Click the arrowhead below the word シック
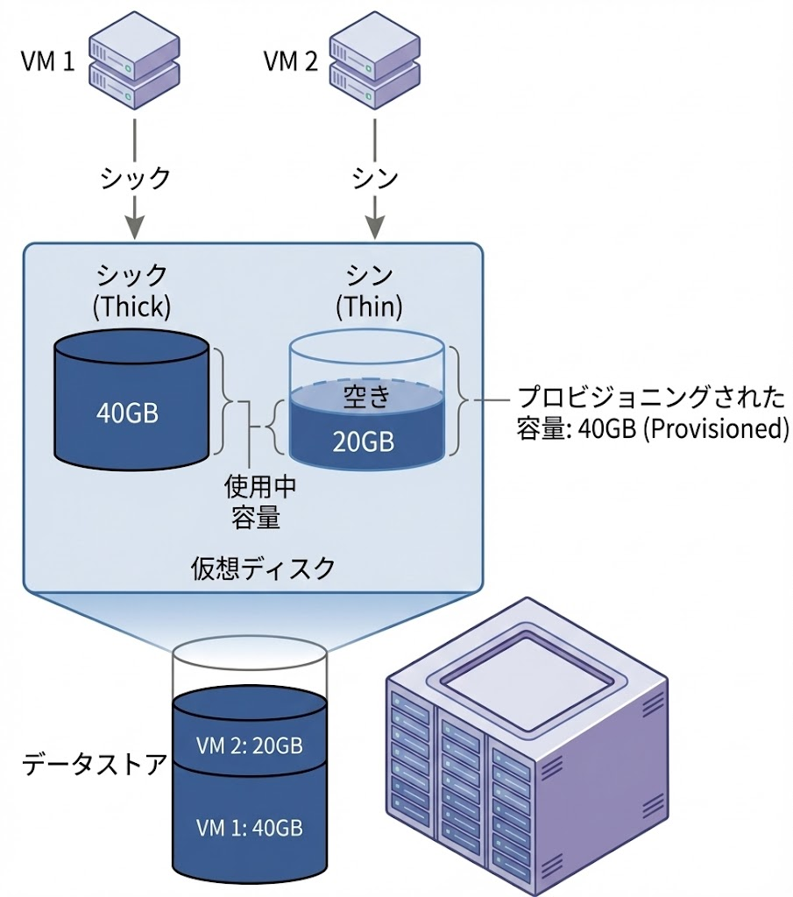pos(134,229)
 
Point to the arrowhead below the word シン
pos(375,229)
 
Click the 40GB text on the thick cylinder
pos(128,413)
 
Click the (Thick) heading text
pos(131,307)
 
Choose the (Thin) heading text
pos(370,307)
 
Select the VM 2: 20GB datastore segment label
pos(250,746)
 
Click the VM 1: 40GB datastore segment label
pos(250,827)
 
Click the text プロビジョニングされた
pos(650,397)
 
